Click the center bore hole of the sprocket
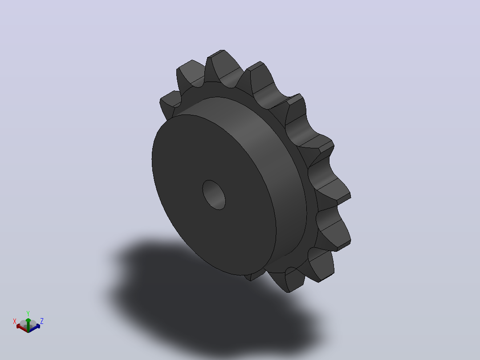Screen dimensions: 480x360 point(214,195)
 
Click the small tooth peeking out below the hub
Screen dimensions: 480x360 point(255,275)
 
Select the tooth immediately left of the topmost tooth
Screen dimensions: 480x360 point(191,74)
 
